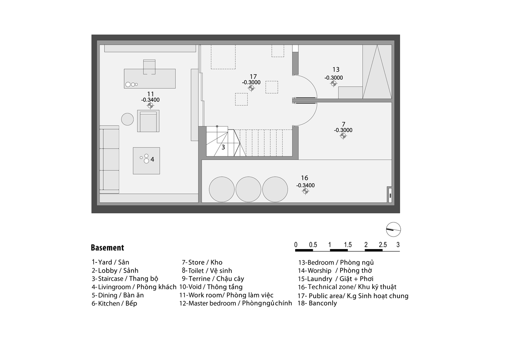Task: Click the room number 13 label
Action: point(336,69)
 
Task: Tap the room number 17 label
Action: point(253,77)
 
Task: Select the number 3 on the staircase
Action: point(223,147)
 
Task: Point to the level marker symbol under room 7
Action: point(343,136)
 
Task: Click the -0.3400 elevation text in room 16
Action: point(305,185)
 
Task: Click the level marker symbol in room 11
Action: point(150,105)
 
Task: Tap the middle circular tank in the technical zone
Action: point(248,189)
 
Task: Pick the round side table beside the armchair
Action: point(127,119)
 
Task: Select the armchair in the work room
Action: point(148,121)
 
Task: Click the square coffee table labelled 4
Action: point(147,161)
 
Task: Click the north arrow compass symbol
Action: point(393,229)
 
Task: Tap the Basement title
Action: point(108,248)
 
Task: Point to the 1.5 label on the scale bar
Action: point(348,245)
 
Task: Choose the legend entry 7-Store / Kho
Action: point(202,262)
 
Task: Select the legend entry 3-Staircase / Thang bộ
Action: point(125,279)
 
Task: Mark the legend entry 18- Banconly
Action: point(317,303)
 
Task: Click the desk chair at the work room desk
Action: point(149,67)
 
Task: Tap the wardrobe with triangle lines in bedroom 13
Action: point(377,72)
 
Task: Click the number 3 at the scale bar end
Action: point(398,245)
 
